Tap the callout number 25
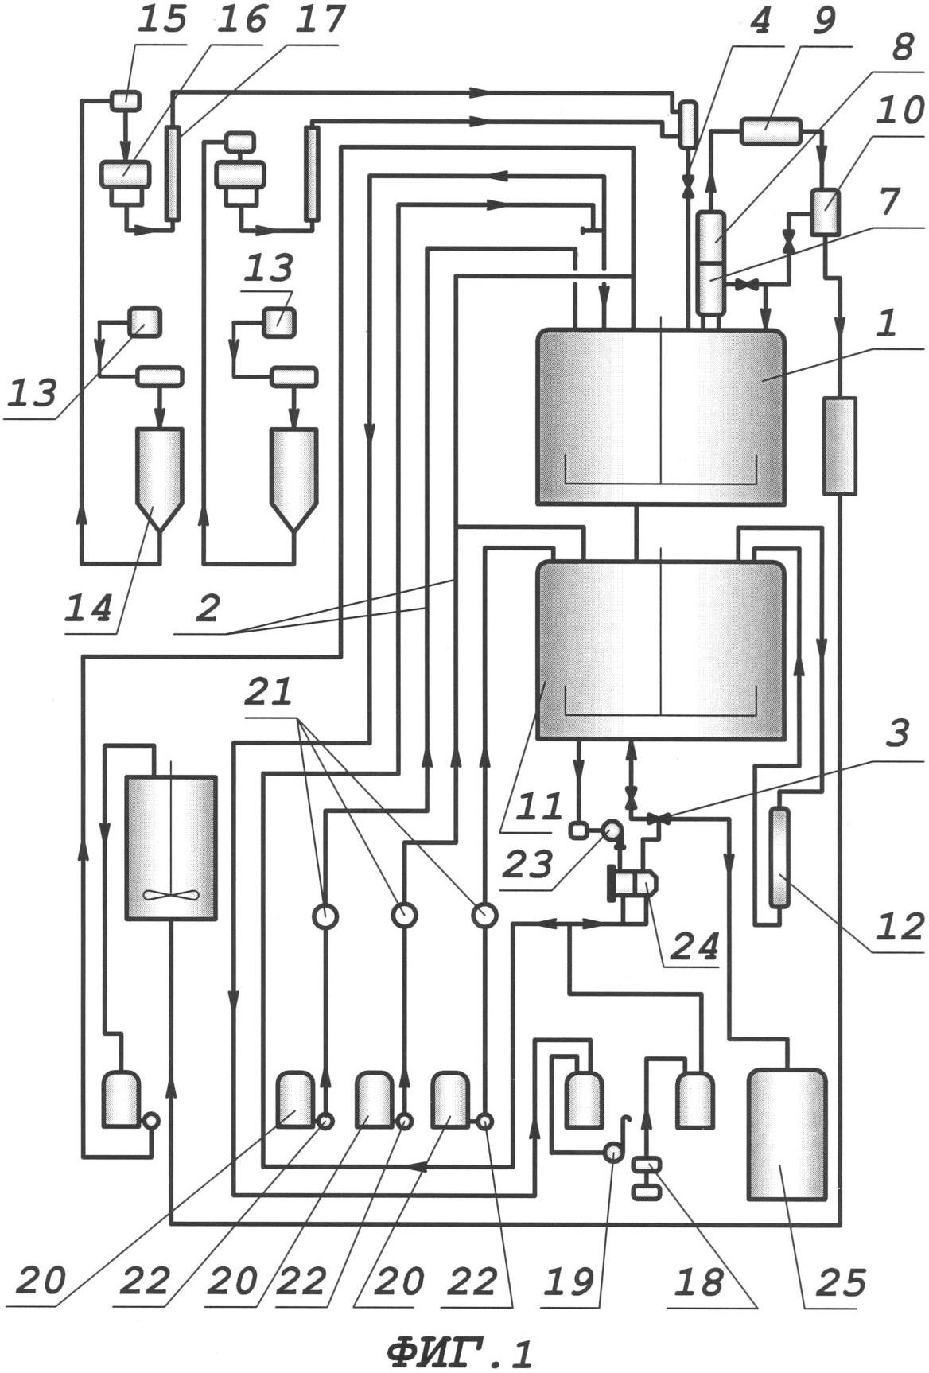coord(838,1282)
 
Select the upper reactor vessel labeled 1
coord(660,417)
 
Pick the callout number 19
coord(573,1281)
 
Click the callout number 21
coord(270,692)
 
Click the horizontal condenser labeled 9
coord(770,130)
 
